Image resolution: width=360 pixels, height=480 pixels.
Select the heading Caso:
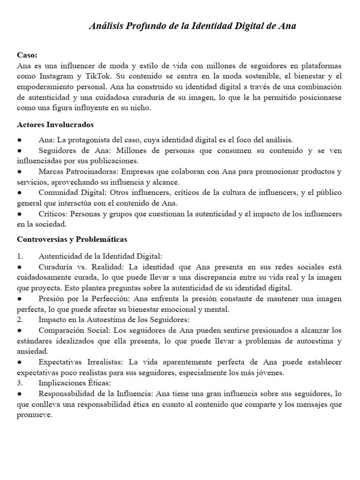pos(27,55)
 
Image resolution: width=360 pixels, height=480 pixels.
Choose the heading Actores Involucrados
pos(55,125)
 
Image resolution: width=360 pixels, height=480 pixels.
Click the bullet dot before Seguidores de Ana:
pos(19,151)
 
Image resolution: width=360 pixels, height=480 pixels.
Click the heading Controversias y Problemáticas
pos(72,239)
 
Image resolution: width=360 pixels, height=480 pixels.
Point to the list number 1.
pos(20,256)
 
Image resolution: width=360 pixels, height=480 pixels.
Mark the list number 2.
pos(20,320)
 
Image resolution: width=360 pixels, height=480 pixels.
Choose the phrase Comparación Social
pos(71,330)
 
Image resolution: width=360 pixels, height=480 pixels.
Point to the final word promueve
pos(35,415)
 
